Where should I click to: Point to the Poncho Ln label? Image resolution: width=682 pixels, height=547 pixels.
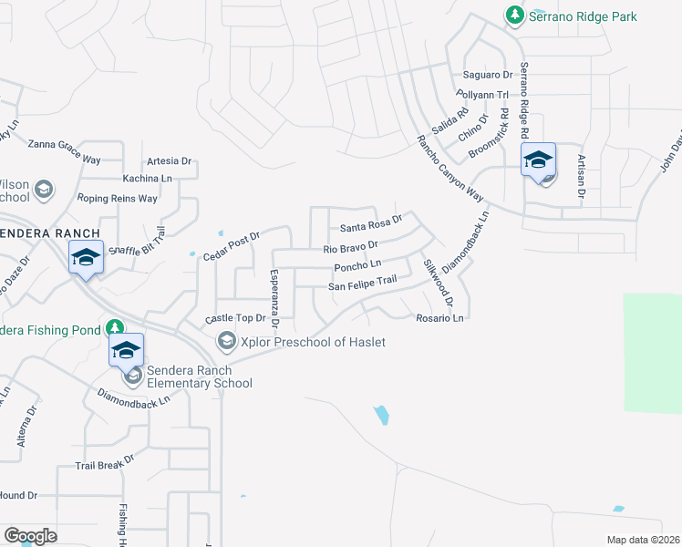click(x=357, y=265)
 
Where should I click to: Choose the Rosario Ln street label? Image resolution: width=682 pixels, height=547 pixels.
click(x=440, y=318)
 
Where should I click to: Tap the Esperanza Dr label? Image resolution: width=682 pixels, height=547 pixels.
click(x=274, y=298)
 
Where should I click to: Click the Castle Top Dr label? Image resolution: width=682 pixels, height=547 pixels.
click(x=234, y=318)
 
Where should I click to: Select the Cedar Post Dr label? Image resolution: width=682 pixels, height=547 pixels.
click(x=232, y=245)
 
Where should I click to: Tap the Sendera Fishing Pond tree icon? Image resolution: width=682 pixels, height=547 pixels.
click(x=115, y=327)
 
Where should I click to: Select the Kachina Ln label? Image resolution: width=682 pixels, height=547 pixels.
click(x=147, y=179)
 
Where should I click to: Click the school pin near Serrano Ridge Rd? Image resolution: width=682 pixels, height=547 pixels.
click(x=538, y=161)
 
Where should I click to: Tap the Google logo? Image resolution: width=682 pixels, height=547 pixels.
click(x=30, y=536)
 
